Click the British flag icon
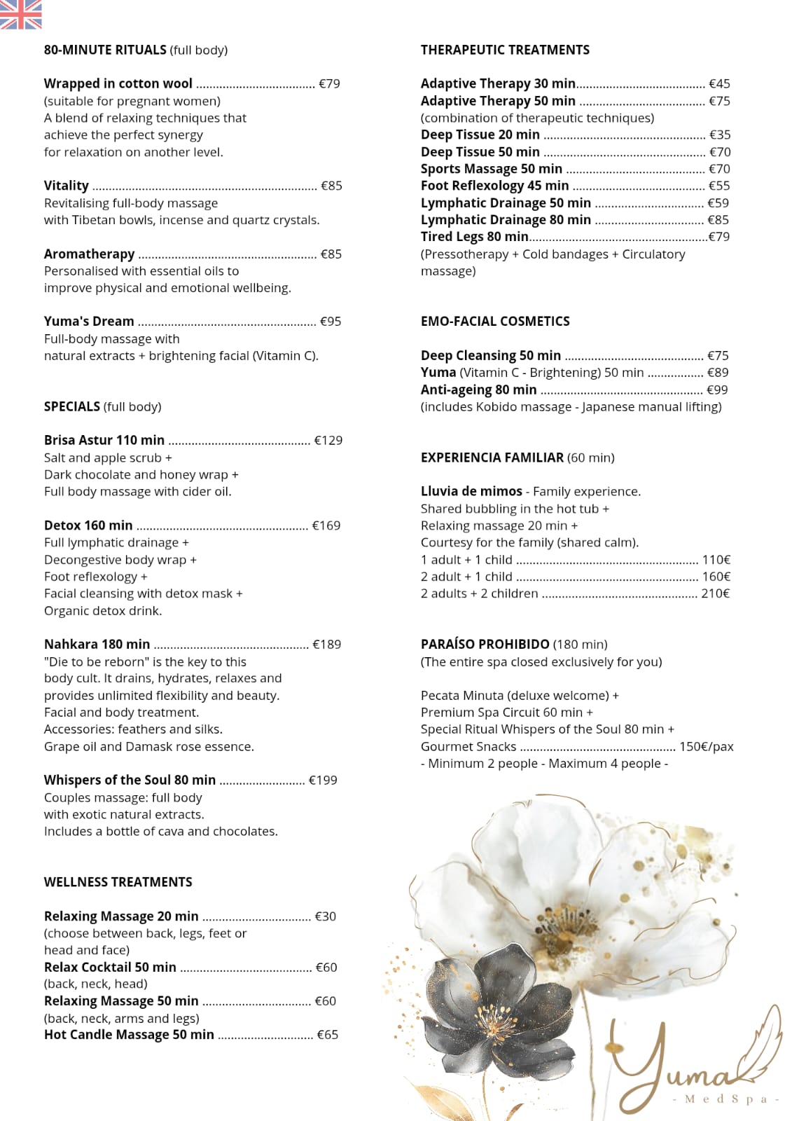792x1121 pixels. tap(20, 14)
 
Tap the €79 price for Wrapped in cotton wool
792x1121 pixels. tap(329, 84)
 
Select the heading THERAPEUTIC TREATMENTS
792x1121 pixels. tap(505, 50)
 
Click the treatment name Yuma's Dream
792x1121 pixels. tap(89, 322)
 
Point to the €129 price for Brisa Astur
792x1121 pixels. tap(328, 441)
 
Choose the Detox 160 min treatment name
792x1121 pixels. tap(88, 525)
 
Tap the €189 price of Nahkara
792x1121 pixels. tap(326, 645)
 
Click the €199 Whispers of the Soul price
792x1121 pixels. tap(323, 780)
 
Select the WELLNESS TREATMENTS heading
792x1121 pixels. tap(118, 882)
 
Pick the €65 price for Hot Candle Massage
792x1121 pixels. tap(327, 1035)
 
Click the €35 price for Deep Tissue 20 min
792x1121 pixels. tap(719, 135)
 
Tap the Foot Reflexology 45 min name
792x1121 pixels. tap(494, 186)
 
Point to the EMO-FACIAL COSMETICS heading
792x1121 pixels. tap(495, 322)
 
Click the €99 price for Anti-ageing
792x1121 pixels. tap(717, 390)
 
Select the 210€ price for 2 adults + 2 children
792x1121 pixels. tap(715, 593)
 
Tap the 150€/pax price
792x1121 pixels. tap(706, 747)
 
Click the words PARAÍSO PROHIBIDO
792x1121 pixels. tap(485, 645)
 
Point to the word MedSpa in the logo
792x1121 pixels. tap(725, 1099)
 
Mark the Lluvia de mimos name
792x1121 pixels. tap(471, 492)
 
